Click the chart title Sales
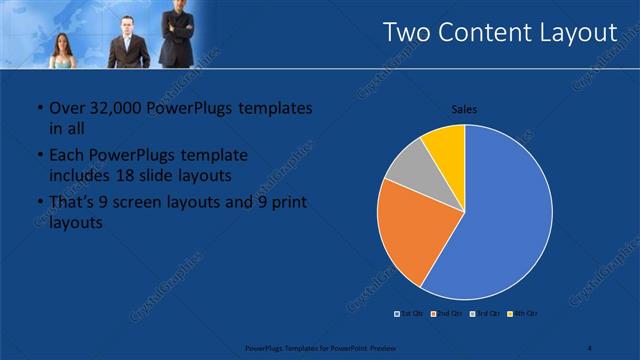point(464,108)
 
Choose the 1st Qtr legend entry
point(409,314)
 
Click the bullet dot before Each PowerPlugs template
point(38,156)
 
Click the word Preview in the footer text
point(381,348)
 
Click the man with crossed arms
point(177,30)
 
